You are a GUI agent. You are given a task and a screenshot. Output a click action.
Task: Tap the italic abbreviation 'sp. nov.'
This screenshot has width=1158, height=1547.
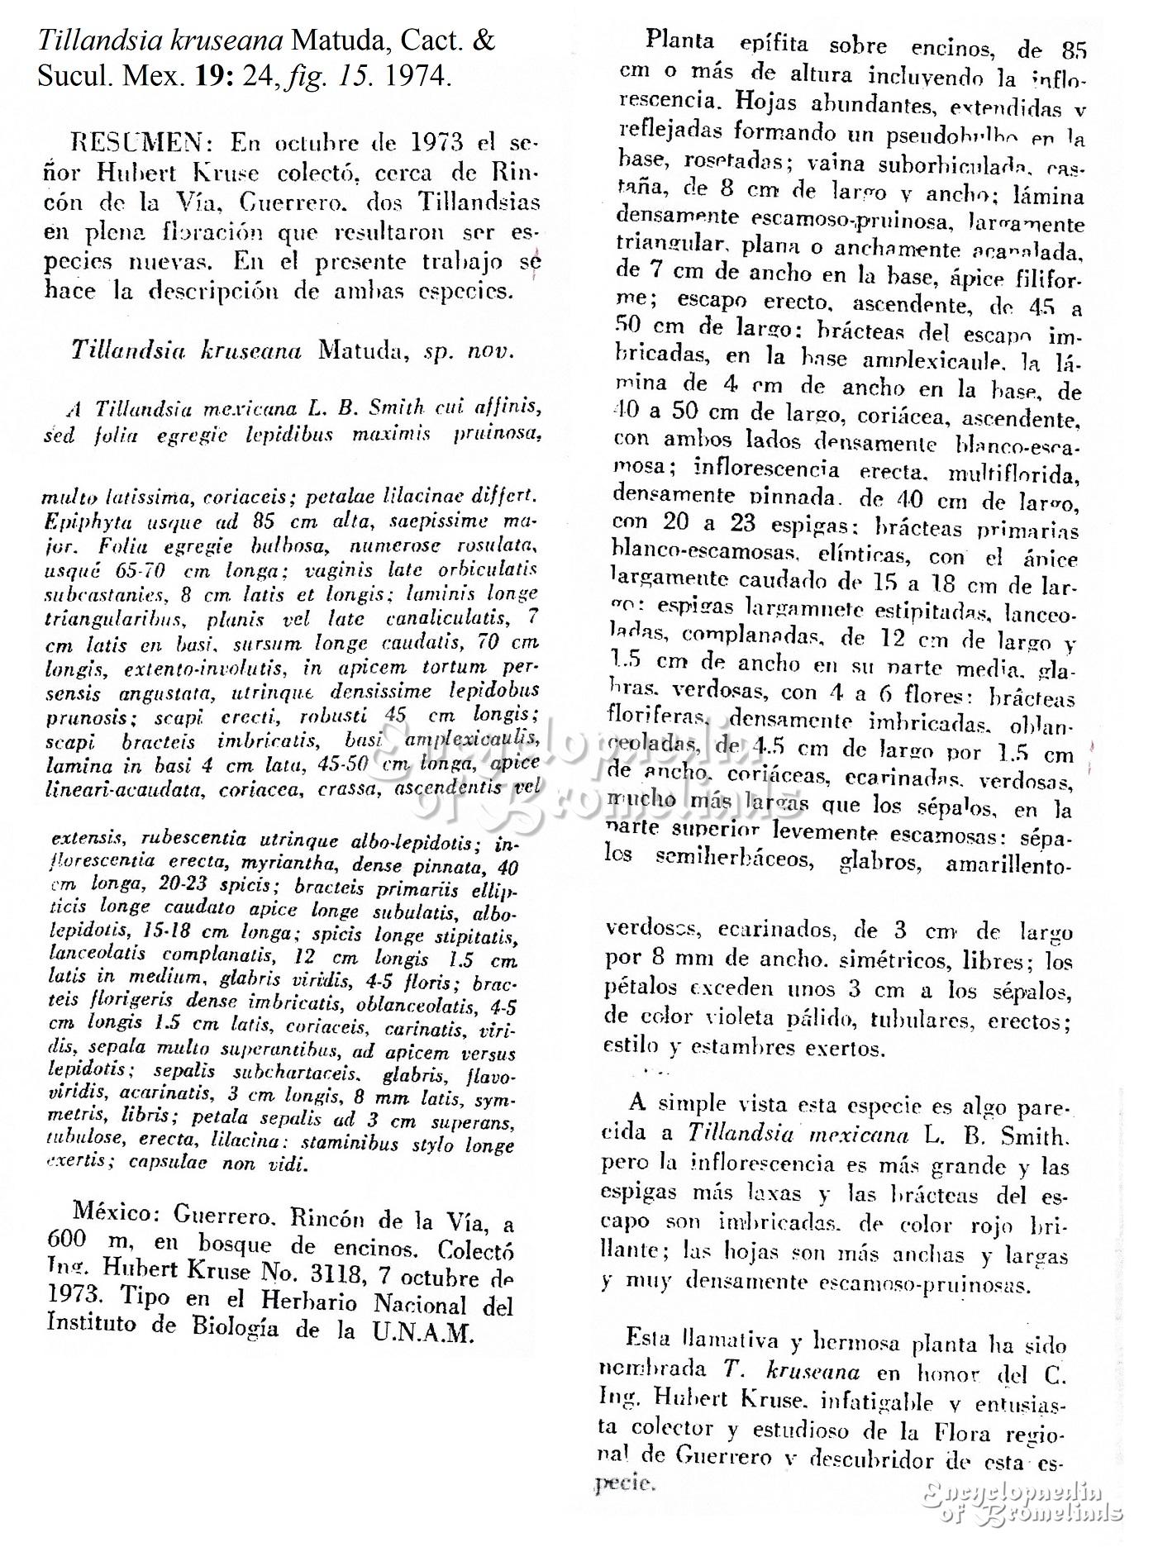(x=469, y=350)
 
